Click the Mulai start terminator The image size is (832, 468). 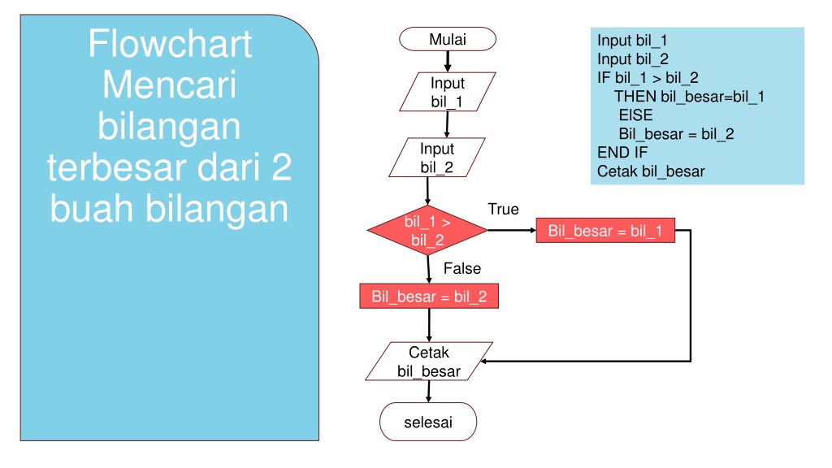tap(448, 39)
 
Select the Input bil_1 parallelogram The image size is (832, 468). tap(448, 92)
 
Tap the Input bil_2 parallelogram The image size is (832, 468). tap(436, 157)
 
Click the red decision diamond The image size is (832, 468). tap(427, 230)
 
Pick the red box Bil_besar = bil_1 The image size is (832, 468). tap(605, 230)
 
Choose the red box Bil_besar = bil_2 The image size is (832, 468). tap(429, 296)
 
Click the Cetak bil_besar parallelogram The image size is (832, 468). tap(429, 362)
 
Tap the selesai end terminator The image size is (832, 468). tap(428, 422)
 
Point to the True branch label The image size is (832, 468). tap(503, 209)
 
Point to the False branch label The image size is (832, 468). tap(462, 268)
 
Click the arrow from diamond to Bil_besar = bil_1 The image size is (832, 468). tap(512, 230)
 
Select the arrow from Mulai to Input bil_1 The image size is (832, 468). tap(448, 62)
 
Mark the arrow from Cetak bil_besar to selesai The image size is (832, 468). tap(429, 392)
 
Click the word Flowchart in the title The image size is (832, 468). tap(170, 44)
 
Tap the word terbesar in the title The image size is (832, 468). tap(118, 167)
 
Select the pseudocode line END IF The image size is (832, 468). tap(622, 152)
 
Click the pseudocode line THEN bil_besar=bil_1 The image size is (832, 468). tap(689, 97)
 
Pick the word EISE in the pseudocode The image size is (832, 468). tap(635, 115)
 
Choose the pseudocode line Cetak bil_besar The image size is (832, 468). tap(651, 171)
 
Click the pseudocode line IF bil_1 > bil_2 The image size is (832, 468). tap(648, 78)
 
